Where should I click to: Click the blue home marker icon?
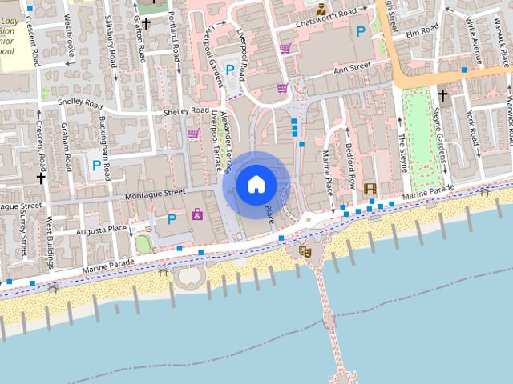256,185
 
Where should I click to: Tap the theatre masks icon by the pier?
305,250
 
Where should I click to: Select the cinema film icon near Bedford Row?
370,189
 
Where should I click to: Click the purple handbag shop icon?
197,214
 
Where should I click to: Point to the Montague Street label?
156,193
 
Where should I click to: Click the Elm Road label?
422,30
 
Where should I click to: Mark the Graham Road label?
66,147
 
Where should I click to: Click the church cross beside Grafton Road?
147,24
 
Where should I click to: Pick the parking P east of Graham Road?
97,166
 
